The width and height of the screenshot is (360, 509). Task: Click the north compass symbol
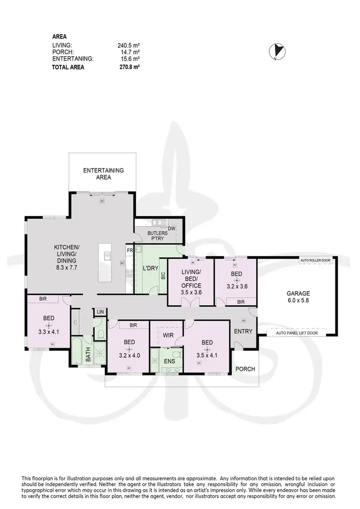click(x=277, y=50)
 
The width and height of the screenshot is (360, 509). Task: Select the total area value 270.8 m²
click(x=128, y=68)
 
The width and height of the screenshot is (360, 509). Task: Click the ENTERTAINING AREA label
click(x=103, y=174)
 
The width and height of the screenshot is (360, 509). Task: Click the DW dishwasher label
click(x=171, y=229)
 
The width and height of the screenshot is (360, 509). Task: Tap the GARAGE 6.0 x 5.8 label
click(x=298, y=297)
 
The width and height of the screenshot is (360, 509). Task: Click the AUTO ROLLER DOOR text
click(x=315, y=260)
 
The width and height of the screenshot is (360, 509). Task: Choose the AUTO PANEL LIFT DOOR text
click(x=296, y=332)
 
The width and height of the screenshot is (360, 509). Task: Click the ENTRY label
click(x=243, y=331)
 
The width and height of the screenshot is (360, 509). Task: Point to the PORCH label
click(x=245, y=369)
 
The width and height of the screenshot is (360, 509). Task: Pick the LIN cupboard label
click(x=100, y=312)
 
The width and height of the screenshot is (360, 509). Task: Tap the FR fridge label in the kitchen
click(x=129, y=250)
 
